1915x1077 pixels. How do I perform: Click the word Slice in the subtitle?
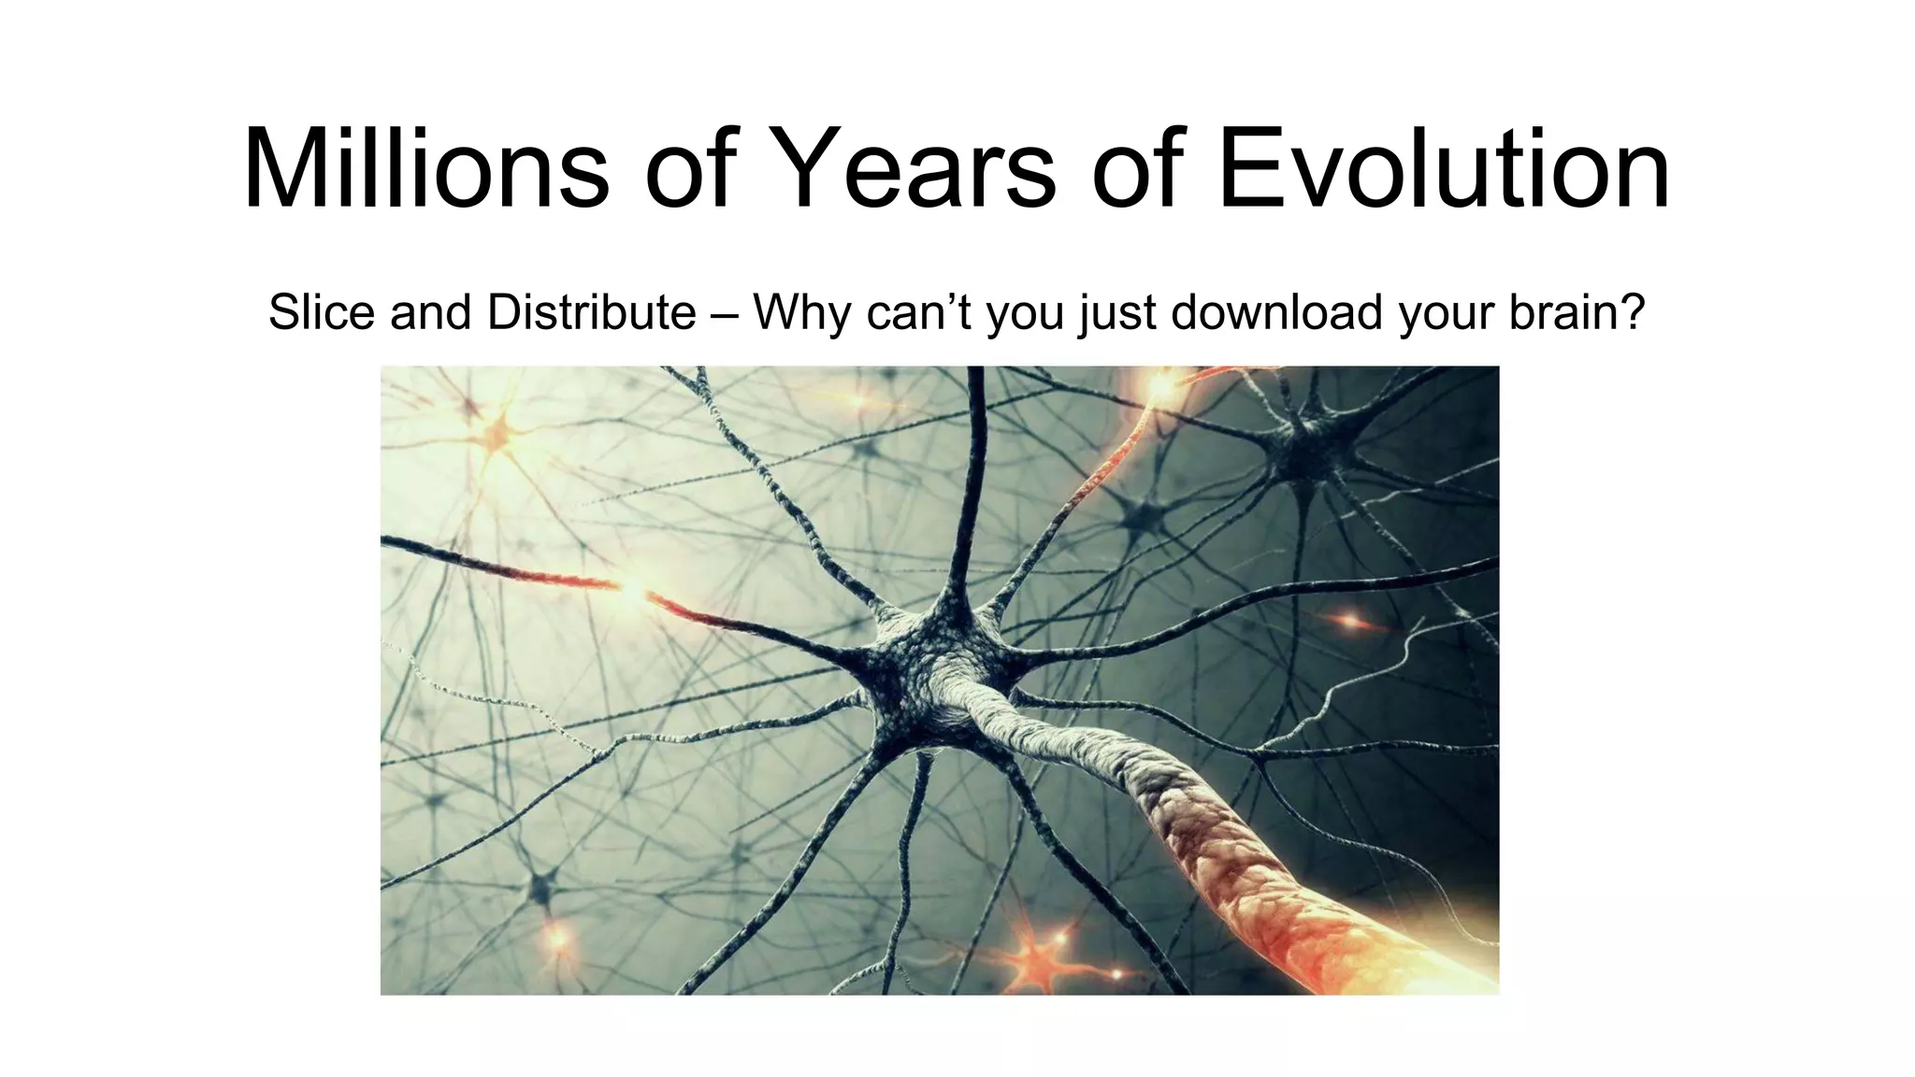pos(322,312)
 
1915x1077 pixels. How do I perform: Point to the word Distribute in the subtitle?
pos(591,312)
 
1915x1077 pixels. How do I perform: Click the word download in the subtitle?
pos(1276,312)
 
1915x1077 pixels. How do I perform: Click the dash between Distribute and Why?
pos(725,314)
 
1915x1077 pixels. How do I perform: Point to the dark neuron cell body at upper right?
pos(1304,439)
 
